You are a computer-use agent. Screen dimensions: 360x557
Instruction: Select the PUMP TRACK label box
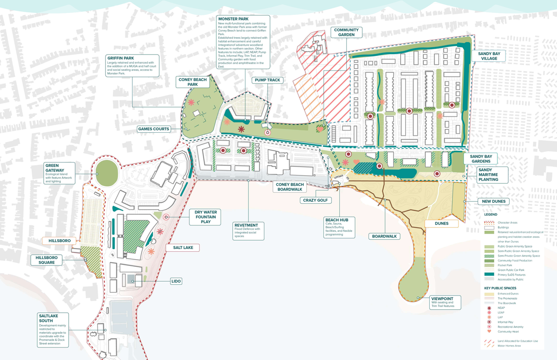(x=267, y=80)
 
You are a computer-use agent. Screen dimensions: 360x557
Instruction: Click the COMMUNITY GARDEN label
(x=346, y=32)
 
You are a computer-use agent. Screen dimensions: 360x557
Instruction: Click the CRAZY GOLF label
(x=316, y=200)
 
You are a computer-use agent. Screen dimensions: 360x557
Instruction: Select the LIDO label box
(x=176, y=281)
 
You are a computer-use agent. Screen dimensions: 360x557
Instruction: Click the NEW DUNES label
(x=493, y=201)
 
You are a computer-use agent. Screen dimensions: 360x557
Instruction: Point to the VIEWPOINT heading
(x=445, y=298)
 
